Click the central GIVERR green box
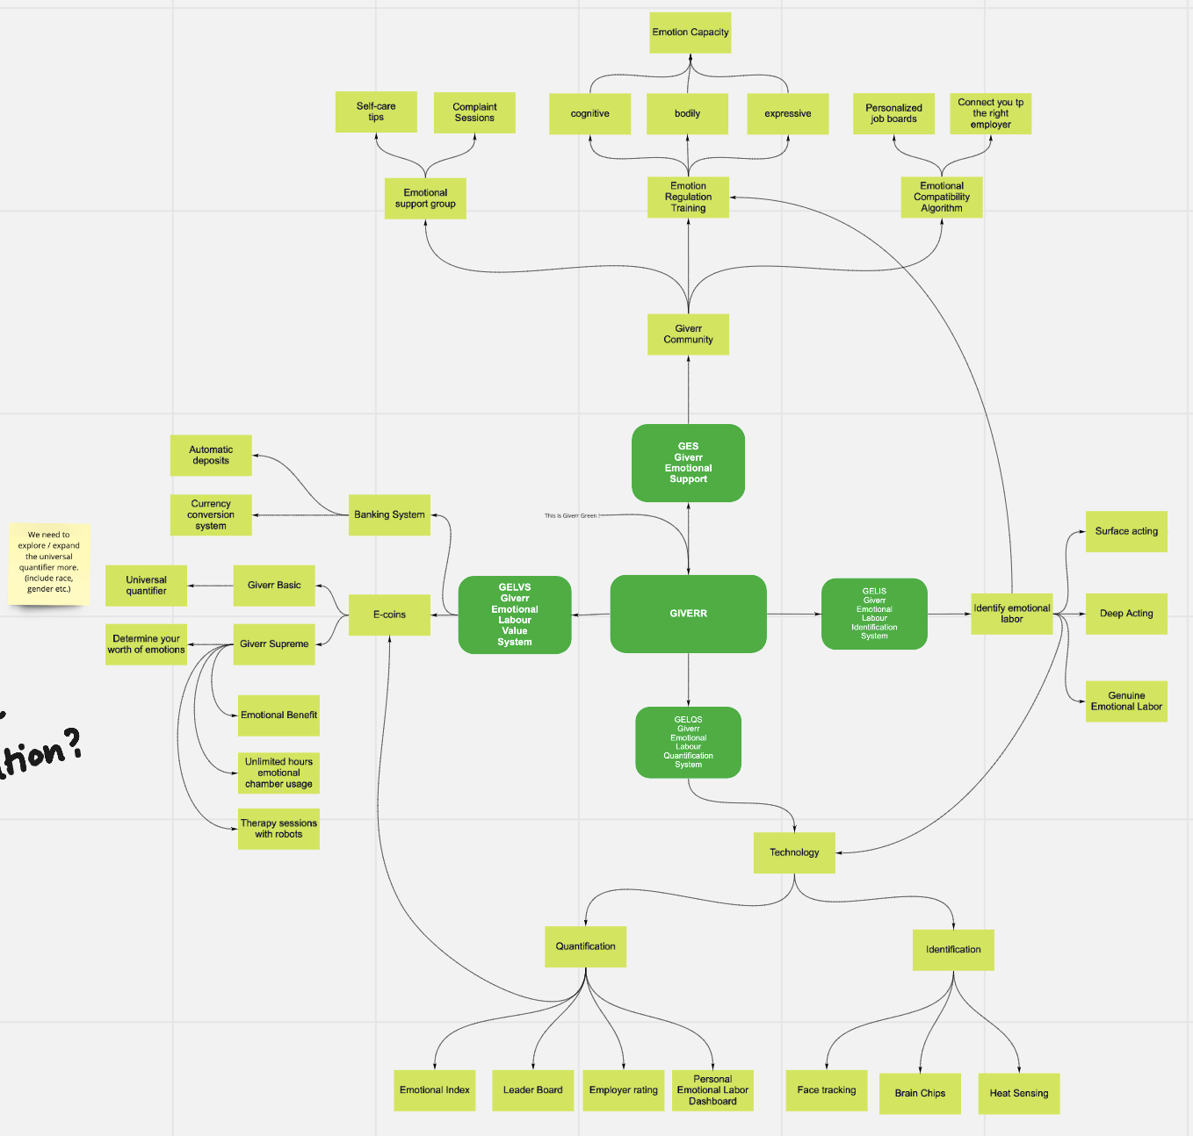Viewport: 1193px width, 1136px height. coord(688,614)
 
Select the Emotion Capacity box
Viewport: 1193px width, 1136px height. coord(690,32)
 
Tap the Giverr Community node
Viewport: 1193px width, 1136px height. coord(688,334)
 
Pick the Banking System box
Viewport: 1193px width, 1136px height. coord(389,514)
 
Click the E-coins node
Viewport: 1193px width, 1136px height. coord(389,615)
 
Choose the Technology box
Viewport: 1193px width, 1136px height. coord(794,852)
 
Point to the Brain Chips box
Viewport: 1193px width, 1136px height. coord(920,1093)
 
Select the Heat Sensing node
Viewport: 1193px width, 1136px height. coord(1018,1093)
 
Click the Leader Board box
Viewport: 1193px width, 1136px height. coord(532,1090)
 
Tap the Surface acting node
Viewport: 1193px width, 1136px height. coord(1126,531)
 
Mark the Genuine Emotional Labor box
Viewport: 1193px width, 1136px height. coord(1126,701)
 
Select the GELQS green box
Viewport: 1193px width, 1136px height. coord(688,743)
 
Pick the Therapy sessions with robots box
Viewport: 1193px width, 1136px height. coord(278,829)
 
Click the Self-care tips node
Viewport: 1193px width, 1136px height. coord(376,111)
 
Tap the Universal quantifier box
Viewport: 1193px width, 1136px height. coord(146,586)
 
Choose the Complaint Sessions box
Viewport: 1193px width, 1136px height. coord(474,112)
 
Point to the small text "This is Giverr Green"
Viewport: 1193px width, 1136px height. coord(571,516)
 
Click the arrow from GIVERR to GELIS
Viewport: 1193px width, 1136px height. coord(793,614)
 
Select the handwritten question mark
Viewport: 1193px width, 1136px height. coord(72,743)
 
